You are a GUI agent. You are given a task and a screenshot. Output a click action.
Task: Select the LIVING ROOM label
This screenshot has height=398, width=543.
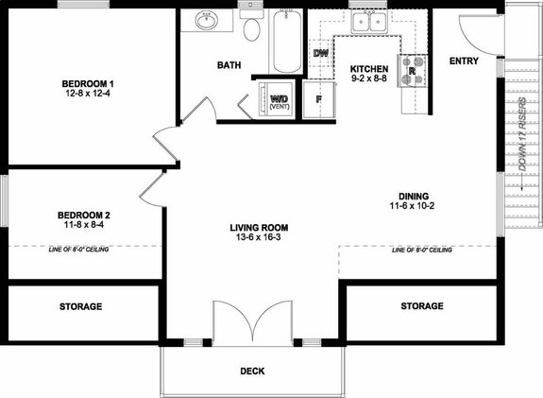pos(259,228)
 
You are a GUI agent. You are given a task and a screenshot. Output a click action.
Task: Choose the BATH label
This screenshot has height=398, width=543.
pos(229,65)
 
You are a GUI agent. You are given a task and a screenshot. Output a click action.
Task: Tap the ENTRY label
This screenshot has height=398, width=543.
pos(464,61)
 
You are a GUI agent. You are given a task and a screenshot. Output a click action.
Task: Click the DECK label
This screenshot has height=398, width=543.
pos(252,371)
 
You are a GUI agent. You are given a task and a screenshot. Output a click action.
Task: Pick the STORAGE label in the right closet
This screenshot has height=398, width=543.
pos(421,306)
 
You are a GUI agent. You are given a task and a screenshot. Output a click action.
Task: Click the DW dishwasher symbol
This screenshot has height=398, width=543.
pos(320,53)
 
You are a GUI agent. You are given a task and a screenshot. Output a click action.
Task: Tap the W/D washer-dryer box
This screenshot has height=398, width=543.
pos(280,101)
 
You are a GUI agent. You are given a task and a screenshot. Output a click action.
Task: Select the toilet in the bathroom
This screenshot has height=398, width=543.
pos(251,29)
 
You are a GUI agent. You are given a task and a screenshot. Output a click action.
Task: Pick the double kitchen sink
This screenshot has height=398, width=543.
pos(366,21)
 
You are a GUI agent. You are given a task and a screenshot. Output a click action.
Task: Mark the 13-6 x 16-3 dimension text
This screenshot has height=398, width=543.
pos(259,239)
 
